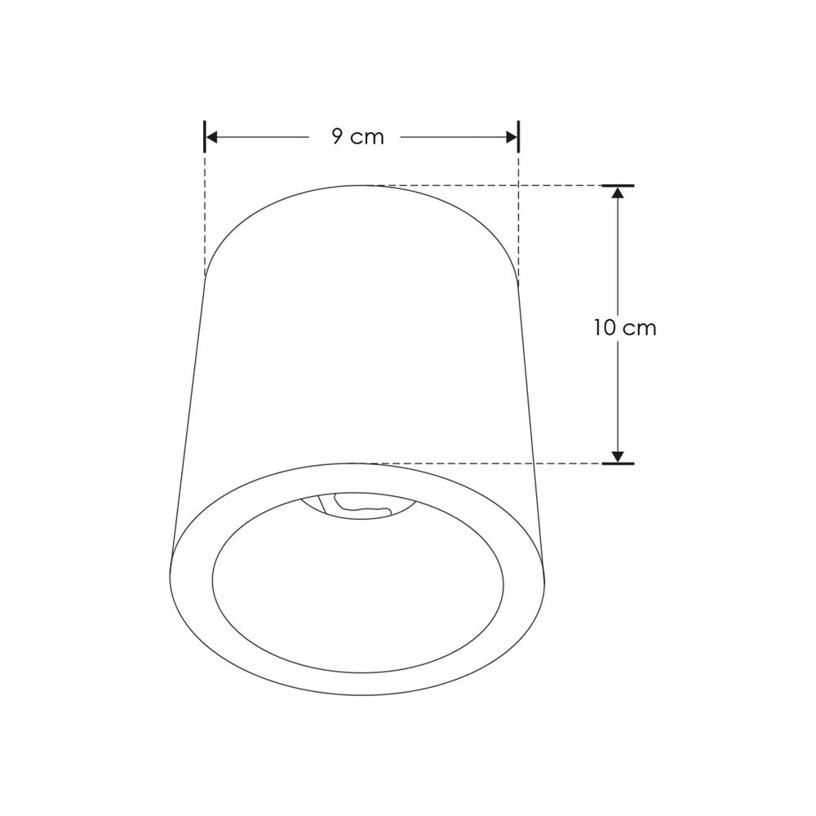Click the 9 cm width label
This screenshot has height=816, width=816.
click(357, 137)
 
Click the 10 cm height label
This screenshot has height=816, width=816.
click(625, 328)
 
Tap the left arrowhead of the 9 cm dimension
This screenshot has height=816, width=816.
click(211, 137)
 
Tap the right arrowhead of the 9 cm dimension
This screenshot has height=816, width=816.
click(512, 137)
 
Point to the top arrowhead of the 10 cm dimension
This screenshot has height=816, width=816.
click(618, 193)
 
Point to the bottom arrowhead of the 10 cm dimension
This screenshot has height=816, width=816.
click(618, 456)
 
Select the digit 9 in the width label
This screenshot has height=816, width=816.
click(338, 136)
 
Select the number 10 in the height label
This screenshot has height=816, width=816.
click(605, 328)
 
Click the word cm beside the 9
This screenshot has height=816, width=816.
click(368, 138)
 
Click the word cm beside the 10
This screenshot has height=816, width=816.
click(641, 329)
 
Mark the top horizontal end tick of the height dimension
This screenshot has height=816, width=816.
click(618, 185)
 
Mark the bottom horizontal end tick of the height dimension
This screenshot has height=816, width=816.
click(618, 463)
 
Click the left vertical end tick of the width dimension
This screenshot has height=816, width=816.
click(204, 136)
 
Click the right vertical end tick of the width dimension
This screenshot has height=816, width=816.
click(518, 136)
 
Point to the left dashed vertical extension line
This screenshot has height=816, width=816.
click(204, 212)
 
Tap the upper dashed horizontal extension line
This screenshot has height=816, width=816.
click(490, 185)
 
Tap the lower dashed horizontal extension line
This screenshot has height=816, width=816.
click(490, 463)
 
